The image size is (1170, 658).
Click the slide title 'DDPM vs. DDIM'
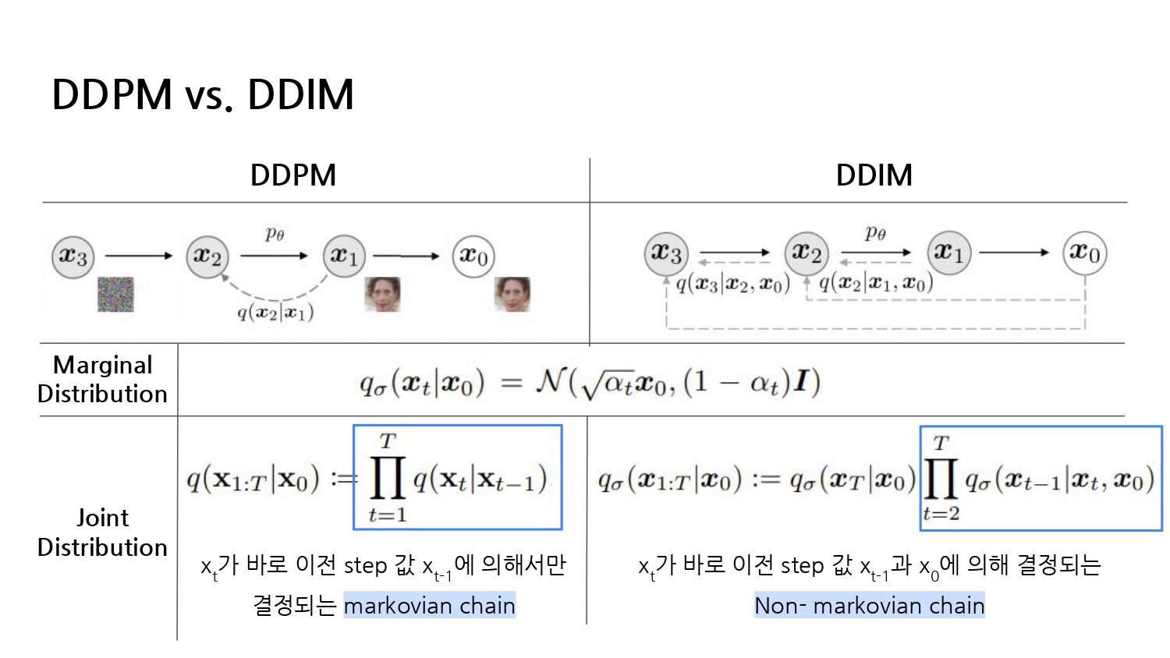[x=203, y=95]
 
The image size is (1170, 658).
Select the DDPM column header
[x=293, y=175]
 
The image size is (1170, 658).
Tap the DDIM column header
[x=874, y=175]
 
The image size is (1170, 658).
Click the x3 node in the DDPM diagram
[x=73, y=256]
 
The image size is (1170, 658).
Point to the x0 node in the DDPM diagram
[x=473, y=256]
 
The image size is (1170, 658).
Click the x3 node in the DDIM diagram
[x=666, y=253]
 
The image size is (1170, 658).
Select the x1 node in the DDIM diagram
[x=948, y=253]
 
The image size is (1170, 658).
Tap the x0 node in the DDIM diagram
[x=1084, y=253]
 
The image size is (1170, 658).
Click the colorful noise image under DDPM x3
[x=115, y=295]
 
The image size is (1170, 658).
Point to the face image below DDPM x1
[x=382, y=295]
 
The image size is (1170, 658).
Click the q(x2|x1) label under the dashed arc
[x=275, y=313]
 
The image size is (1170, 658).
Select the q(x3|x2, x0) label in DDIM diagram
[x=732, y=284]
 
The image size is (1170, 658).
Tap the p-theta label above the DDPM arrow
[x=275, y=233]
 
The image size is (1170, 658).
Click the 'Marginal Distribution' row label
[x=102, y=380]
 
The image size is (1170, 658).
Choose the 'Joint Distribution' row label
[x=102, y=532]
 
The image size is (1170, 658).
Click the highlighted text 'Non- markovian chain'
[x=869, y=606]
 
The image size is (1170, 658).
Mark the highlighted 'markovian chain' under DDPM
[x=429, y=606]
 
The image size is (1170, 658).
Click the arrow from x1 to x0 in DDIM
[x=1014, y=253]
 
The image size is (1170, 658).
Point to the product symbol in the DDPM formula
[x=387, y=477]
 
